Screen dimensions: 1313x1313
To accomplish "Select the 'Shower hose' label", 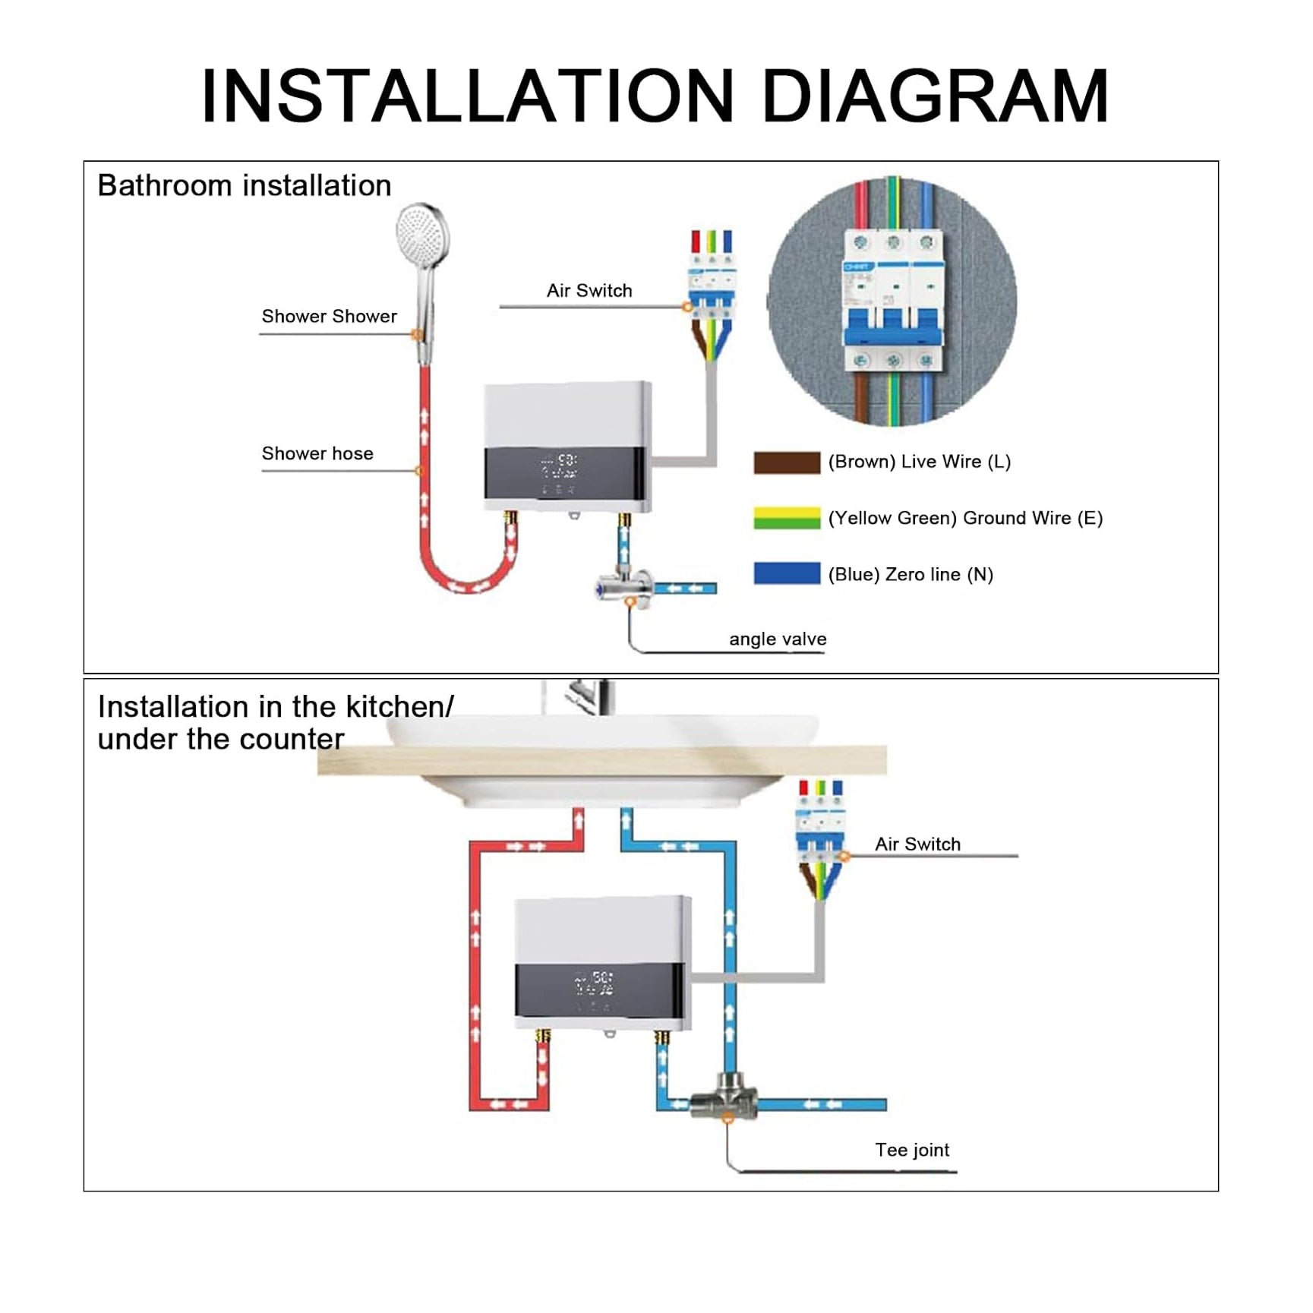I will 317,453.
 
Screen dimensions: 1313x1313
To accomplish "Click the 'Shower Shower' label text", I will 329,316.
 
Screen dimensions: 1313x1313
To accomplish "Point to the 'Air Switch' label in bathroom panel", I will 589,290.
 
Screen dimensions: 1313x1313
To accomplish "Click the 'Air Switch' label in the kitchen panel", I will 917,844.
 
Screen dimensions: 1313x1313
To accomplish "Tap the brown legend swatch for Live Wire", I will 786,462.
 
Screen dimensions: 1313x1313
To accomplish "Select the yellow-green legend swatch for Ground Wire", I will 786,518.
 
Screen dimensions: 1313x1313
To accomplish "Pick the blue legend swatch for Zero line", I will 786,573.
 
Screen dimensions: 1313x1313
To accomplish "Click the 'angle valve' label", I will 778,639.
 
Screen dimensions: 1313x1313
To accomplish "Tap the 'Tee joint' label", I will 911,1150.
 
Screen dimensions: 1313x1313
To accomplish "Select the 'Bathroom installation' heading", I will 245,185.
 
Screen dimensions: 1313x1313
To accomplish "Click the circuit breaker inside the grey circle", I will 893,301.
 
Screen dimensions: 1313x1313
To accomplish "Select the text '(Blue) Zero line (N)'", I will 911,574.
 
